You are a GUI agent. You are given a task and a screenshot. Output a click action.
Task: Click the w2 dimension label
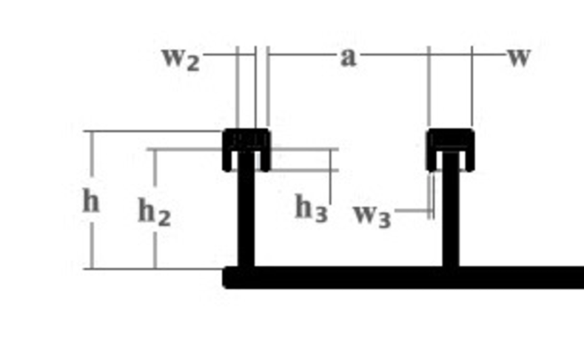click(x=181, y=58)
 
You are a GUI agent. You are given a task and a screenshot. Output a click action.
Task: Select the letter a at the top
click(x=348, y=57)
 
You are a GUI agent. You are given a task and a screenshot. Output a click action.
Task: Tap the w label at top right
click(x=519, y=57)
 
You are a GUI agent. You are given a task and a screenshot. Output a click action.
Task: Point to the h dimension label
click(x=90, y=201)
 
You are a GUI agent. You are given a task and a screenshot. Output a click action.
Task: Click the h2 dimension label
click(x=155, y=213)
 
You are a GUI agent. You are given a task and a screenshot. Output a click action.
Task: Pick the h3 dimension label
click(x=311, y=208)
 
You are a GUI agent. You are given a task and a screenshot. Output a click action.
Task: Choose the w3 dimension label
click(x=372, y=216)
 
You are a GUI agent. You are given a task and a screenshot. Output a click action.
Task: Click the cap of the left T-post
click(x=246, y=139)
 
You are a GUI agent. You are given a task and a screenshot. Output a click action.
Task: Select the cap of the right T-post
click(x=450, y=139)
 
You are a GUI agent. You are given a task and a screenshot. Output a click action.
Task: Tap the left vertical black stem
click(x=246, y=215)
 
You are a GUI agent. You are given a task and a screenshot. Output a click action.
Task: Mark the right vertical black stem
click(x=450, y=215)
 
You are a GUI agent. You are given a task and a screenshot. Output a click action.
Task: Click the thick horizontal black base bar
click(x=407, y=277)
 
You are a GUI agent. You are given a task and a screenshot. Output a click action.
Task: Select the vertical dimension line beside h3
click(x=330, y=181)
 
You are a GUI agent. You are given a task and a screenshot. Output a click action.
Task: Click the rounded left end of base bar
click(x=229, y=277)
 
